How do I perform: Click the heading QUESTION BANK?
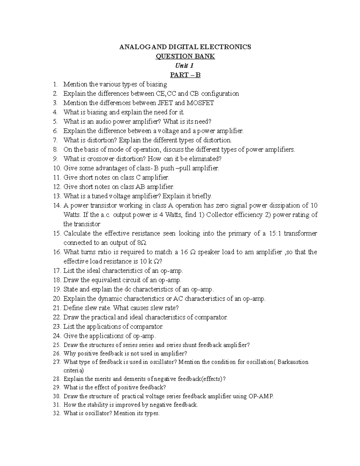pyautogui.click(x=185, y=56)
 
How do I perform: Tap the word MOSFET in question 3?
pyautogui.click(x=200, y=103)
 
